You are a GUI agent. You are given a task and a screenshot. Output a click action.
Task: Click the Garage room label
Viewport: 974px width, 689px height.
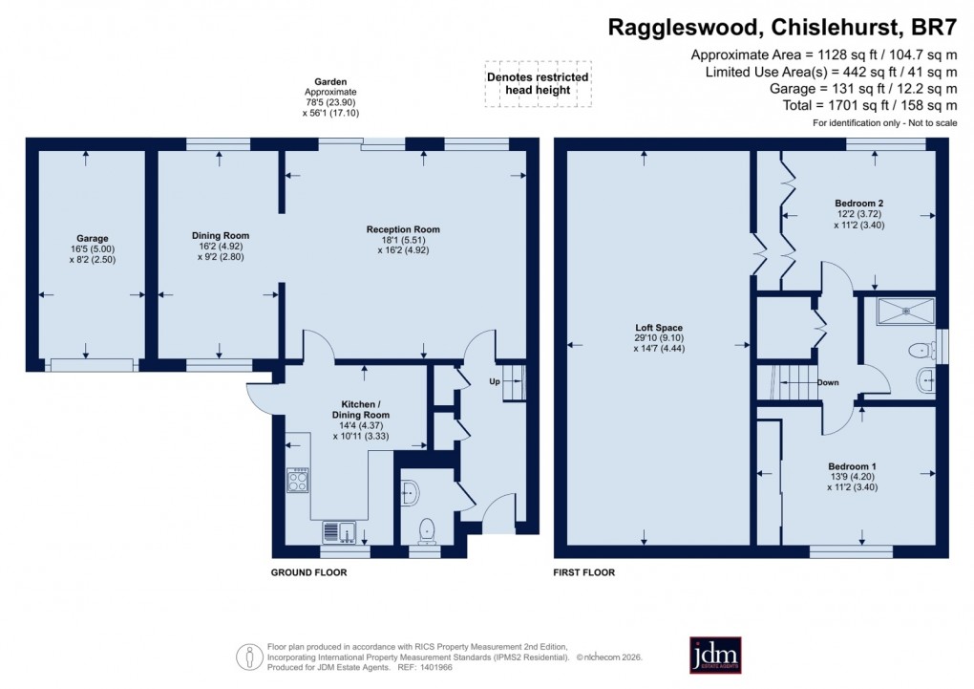point(93,238)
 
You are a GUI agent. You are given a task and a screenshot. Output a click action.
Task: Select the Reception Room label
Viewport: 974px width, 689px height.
point(403,229)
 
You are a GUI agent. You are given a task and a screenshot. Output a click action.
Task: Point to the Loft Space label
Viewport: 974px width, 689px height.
point(656,328)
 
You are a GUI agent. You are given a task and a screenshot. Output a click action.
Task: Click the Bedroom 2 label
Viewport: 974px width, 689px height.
point(858,204)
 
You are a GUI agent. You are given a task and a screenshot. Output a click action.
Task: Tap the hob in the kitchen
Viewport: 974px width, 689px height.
point(298,479)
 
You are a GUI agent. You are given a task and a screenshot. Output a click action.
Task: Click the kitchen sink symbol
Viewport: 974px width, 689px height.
point(338,531)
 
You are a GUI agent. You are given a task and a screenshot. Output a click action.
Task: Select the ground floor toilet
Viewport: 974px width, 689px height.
point(427,529)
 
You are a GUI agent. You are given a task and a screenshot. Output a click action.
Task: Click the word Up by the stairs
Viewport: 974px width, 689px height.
point(494,381)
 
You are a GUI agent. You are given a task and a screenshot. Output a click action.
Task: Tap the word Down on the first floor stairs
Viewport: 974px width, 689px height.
point(827,383)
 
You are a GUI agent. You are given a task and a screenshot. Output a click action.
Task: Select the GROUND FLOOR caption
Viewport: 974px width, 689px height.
point(308,573)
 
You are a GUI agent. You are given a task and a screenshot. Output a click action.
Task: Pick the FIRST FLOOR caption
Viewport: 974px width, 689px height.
point(584,573)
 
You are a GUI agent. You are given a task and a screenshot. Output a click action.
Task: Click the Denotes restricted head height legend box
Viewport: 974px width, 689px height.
point(538,83)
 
